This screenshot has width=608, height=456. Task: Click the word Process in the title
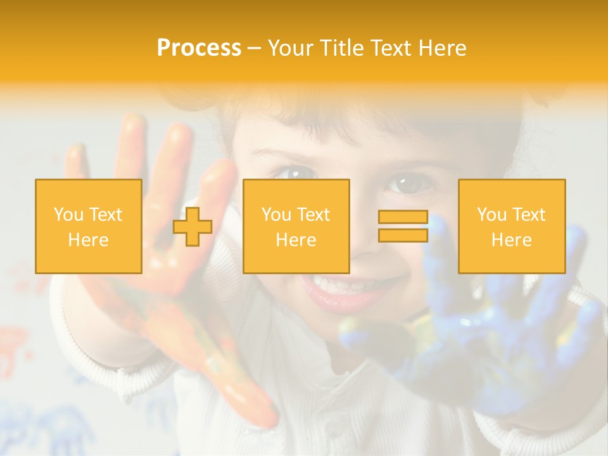coord(199,48)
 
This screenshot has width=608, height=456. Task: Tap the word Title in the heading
coord(340,48)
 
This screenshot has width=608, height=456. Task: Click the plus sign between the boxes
coord(193,227)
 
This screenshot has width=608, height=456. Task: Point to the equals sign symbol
coord(403,226)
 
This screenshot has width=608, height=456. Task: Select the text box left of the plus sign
coord(89,227)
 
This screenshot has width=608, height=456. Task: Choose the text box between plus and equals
coord(296,227)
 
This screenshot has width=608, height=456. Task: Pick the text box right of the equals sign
coord(511,227)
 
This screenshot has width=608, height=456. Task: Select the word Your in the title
coord(288,48)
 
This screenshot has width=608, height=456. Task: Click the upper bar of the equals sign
coord(403,217)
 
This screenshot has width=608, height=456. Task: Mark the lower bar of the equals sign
coord(403,235)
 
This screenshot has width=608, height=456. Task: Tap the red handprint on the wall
coord(16,348)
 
